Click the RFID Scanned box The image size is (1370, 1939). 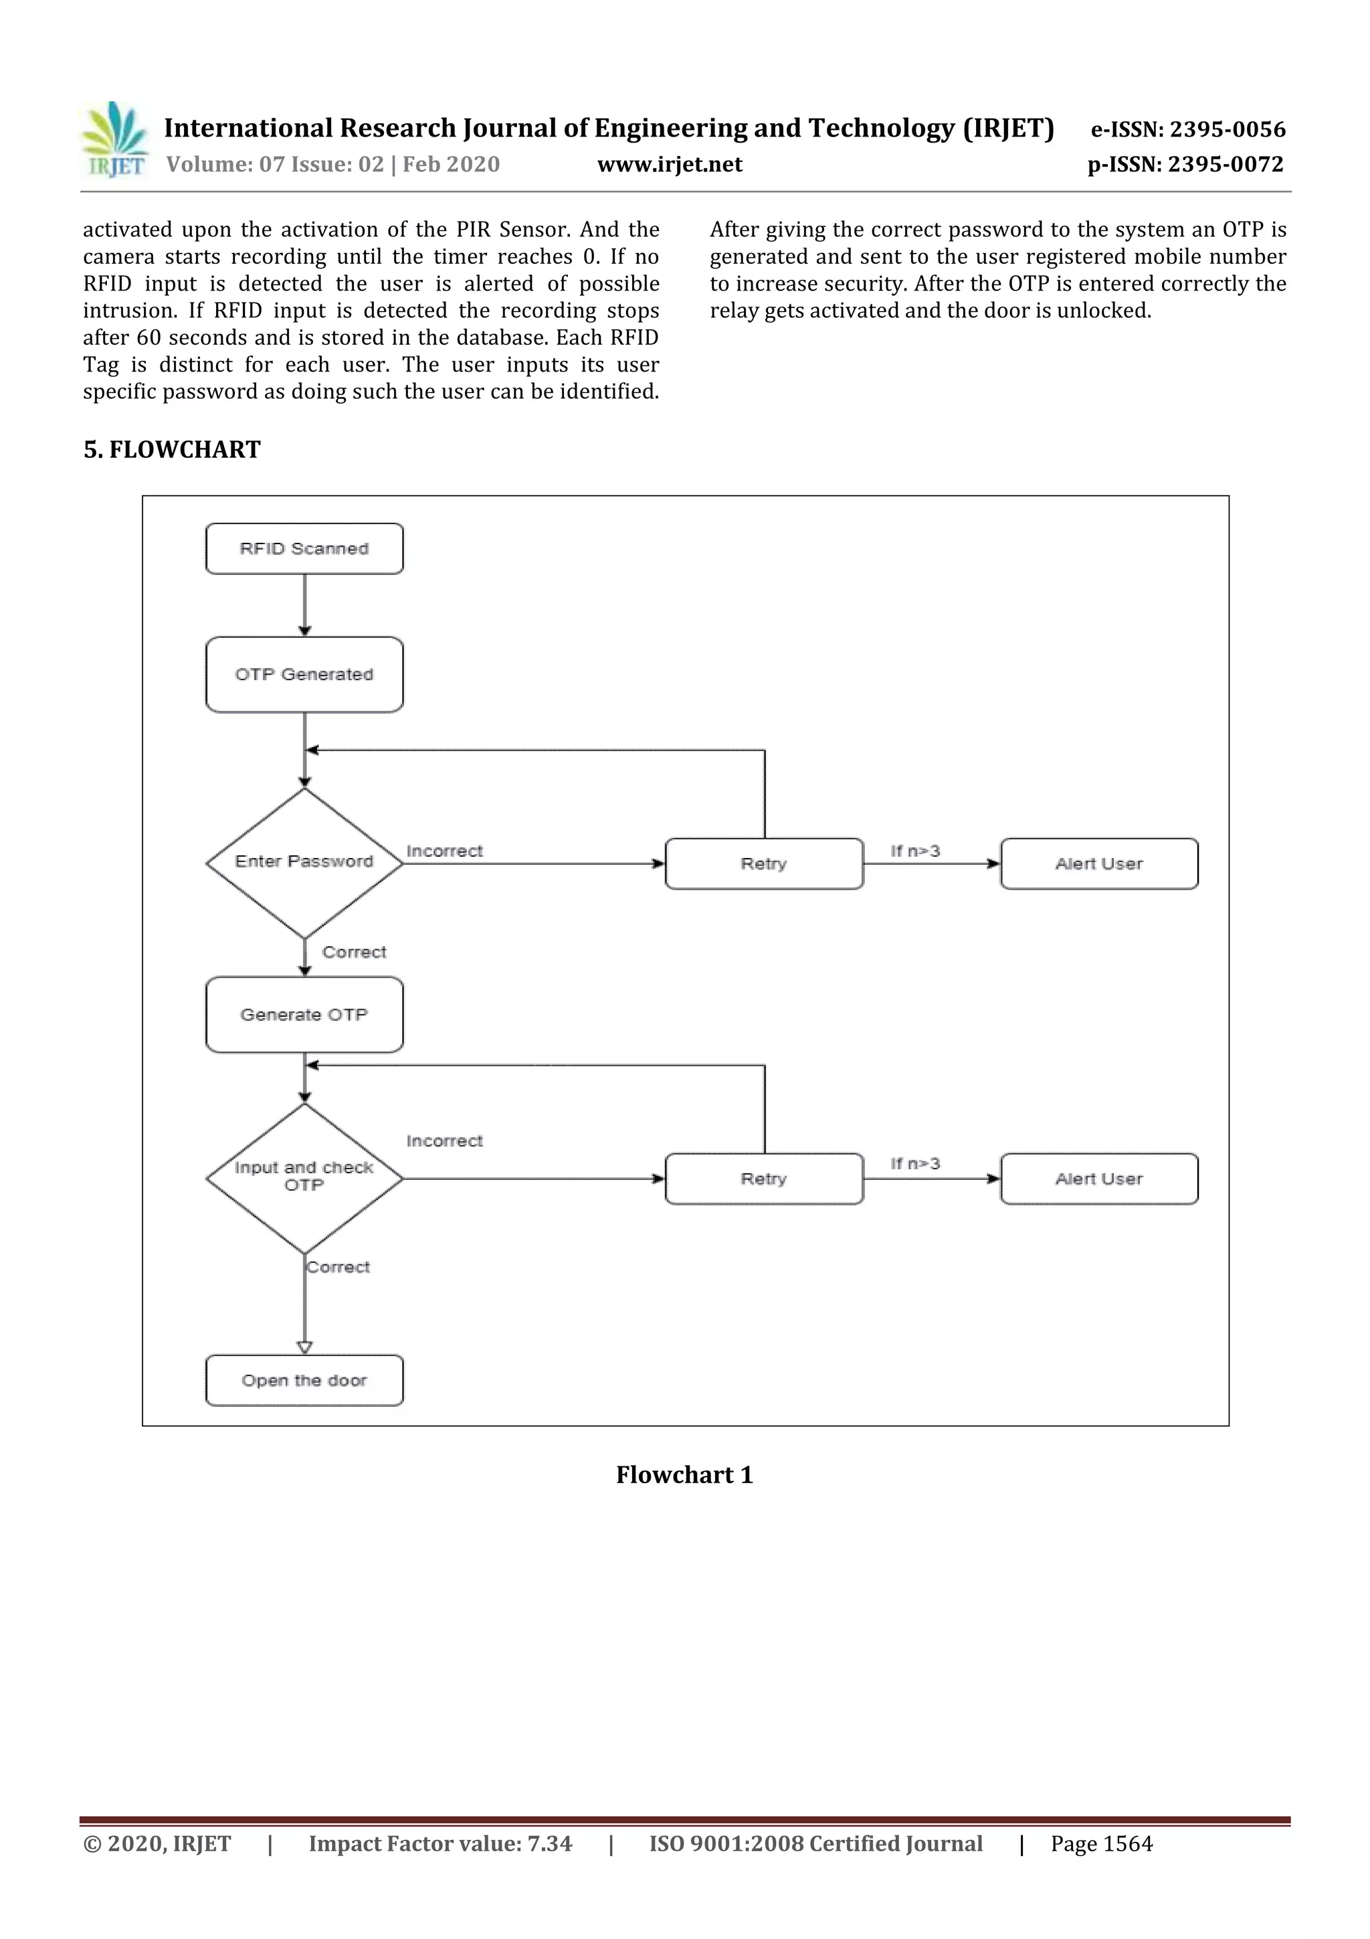[x=304, y=549]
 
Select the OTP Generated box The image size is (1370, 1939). [x=304, y=674]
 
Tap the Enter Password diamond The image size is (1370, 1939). [x=304, y=862]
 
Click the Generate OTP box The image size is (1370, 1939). [x=304, y=1014]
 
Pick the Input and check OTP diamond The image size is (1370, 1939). [x=304, y=1177]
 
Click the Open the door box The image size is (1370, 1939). [x=304, y=1380]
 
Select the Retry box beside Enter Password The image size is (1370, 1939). [x=764, y=863]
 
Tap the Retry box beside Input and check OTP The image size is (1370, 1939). [x=764, y=1178]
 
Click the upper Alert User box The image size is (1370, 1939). [x=1098, y=863]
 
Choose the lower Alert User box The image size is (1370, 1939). [x=1098, y=1178]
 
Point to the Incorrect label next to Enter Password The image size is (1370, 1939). [x=444, y=851]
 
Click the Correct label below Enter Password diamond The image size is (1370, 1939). [x=354, y=952]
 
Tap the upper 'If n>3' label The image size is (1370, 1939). [x=915, y=851]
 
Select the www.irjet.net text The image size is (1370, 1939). [x=670, y=165]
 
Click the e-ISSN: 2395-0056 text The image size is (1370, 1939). [x=1187, y=129]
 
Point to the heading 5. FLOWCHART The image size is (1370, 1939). [x=172, y=449]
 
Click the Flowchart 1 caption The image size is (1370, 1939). [x=684, y=1474]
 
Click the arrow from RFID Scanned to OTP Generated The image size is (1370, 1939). [x=305, y=604]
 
